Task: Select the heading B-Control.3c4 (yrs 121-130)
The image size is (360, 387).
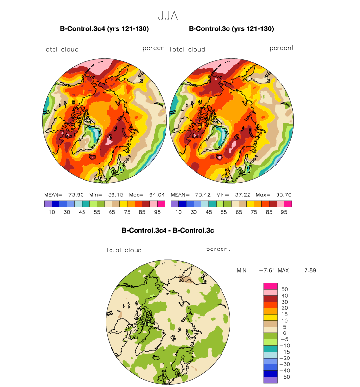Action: click(104, 29)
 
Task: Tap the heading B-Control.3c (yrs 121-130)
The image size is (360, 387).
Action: click(231, 29)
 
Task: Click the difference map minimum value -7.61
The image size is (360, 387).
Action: click(269, 270)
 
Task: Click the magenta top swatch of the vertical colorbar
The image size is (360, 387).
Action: click(271, 286)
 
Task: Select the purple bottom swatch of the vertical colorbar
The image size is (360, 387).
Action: click(271, 380)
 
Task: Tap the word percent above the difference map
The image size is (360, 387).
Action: click(219, 249)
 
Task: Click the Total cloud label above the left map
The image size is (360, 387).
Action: click(60, 49)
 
